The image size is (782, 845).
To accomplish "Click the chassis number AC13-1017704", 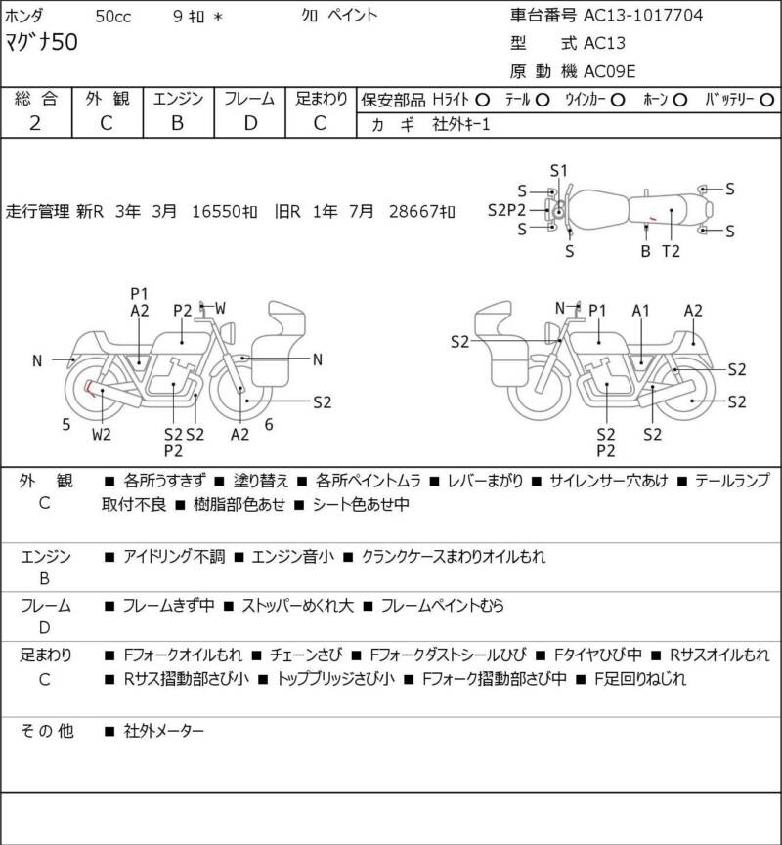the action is [643, 15].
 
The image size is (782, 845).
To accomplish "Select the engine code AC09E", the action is [610, 71].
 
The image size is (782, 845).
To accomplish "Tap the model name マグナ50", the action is [41, 42].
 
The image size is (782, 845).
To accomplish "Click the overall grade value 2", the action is [35, 123].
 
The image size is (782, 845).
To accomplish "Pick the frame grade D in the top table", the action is [250, 123].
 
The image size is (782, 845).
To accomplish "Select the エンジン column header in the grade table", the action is [179, 99].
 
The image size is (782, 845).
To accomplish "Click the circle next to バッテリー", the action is [766, 100].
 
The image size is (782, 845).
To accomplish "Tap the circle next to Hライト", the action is [482, 100].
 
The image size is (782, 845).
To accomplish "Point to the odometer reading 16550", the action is [215, 211].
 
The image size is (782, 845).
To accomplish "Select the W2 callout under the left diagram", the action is [102, 434].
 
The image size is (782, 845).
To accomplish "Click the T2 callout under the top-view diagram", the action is [671, 251].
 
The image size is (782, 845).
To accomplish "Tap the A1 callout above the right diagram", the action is [640, 311].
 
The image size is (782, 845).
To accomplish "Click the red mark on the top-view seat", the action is [653, 218].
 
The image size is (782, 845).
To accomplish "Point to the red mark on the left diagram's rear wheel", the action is [89, 388].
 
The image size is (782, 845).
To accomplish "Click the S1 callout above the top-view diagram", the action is [559, 171].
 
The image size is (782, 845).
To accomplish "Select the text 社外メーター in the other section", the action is [164, 731].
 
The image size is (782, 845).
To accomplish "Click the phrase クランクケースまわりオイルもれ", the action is [453, 556].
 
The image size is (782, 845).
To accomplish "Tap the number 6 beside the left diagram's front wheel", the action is [269, 425].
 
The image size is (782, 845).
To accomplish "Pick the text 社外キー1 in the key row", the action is [461, 124].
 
